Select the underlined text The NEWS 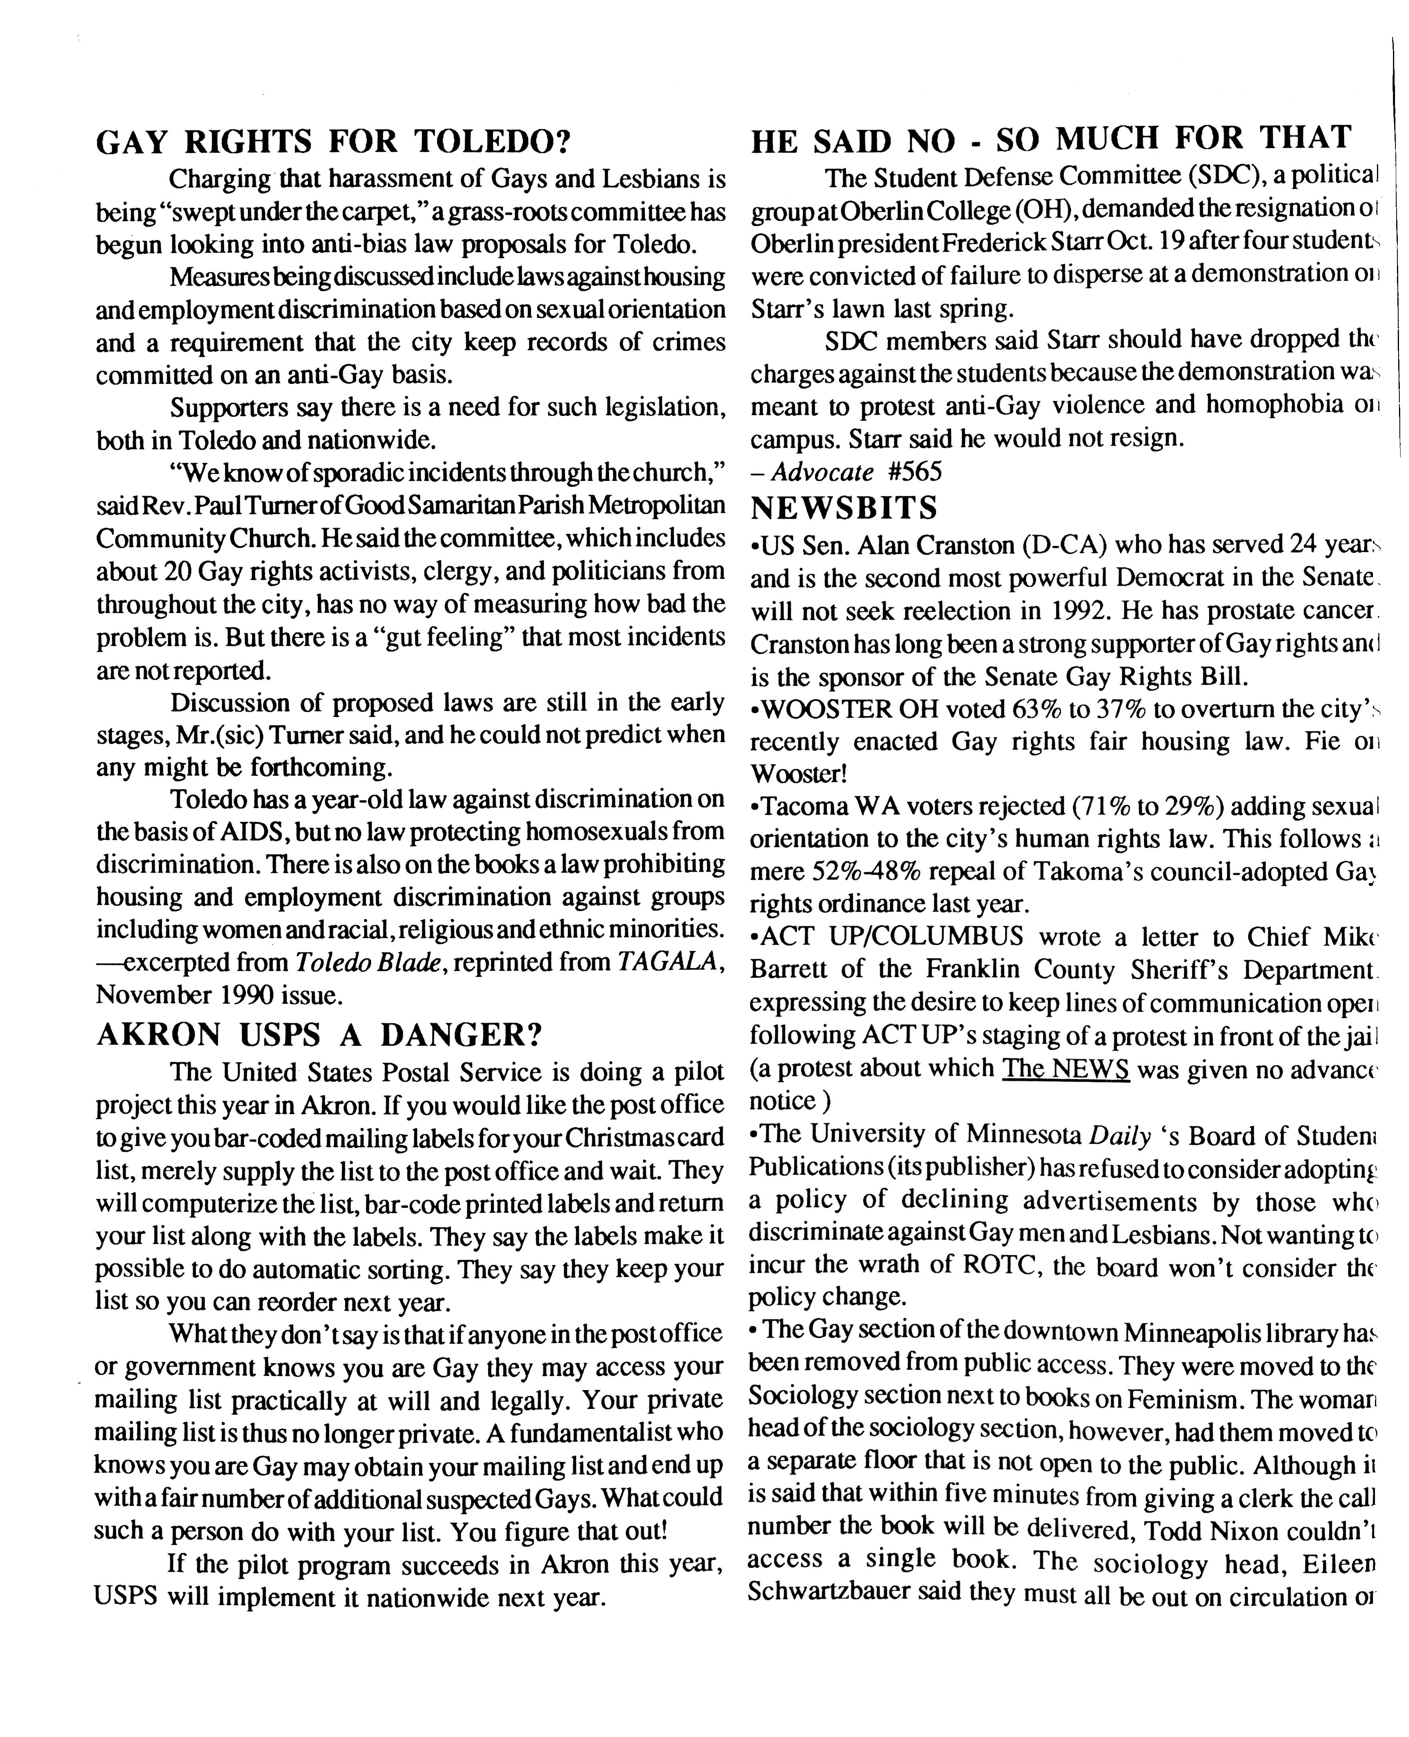1066,1068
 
